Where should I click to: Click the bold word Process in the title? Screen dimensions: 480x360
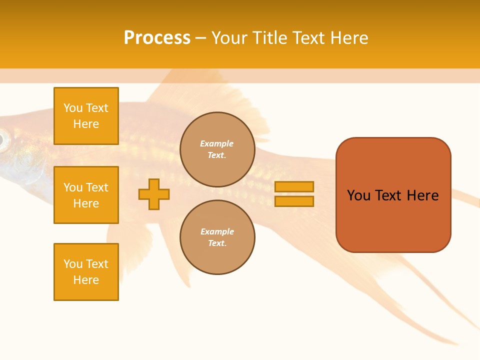[x=157, y=38]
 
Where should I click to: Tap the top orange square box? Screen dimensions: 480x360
[x=86, y=116]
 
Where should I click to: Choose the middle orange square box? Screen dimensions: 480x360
[x=86, y=195]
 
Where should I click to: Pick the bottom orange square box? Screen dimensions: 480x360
[x=86, y=272]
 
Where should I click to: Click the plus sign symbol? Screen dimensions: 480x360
[x=154, y=194]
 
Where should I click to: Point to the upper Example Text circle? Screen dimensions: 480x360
[x=217, y=149]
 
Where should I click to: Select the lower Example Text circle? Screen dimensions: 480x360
[x=217, y=237]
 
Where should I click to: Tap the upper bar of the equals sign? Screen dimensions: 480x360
[x=294, y=187]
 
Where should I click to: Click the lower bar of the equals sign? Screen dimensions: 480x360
[x=294, y=201]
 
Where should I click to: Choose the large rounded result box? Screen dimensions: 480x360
[x=393, y=195]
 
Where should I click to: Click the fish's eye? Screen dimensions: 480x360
[x=3, y=140]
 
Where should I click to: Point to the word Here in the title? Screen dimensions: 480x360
[x=349, y=38]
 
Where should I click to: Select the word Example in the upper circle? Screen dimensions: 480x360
[x=217, y=144]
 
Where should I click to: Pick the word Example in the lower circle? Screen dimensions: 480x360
[x=217, y=232]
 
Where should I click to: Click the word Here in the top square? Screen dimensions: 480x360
[x=86, y=124]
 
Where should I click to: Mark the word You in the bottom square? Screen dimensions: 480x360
[x=73, y=264]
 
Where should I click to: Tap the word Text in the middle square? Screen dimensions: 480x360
[x=97, y=187]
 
